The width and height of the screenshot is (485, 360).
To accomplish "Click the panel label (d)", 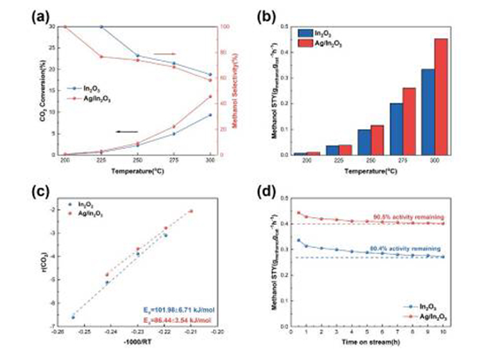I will (x=265, y=192).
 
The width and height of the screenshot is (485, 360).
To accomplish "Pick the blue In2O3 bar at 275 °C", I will (x=396, y=129).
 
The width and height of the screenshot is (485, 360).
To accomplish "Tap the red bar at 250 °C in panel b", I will (x=377, y=140).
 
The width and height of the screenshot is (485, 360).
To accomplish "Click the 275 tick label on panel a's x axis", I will (x=174, y=160).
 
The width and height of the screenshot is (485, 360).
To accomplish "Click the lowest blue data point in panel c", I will (x=73, y=317).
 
